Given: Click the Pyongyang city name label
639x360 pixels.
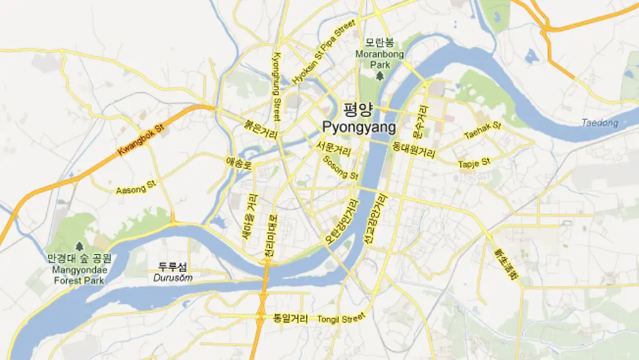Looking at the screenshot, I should (x=359, y=128).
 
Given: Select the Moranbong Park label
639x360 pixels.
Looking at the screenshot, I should (x=379, y=59).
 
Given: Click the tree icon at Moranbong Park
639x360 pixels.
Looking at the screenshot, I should (x=379, y=76).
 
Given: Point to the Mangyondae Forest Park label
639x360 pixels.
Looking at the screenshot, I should (x=80, y=275).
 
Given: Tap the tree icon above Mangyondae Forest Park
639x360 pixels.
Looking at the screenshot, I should (x=79, y=246).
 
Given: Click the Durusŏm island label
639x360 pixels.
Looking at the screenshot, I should (x=173, y=278).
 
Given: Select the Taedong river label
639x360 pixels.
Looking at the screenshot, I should (x=600, y=123).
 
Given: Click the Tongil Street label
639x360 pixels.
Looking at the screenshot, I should (x=341, y=319).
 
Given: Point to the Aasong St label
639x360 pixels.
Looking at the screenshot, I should (x=135, y=187).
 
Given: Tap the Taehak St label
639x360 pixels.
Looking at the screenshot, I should (x=482, y=130).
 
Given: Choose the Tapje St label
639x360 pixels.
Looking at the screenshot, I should (x=474, y=163).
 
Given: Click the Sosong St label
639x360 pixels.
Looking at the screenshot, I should (x=340, y=167).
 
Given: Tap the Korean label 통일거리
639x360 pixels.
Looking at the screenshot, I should (x=291, y=318).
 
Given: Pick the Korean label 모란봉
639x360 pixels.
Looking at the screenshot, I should (x=379, y=42).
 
